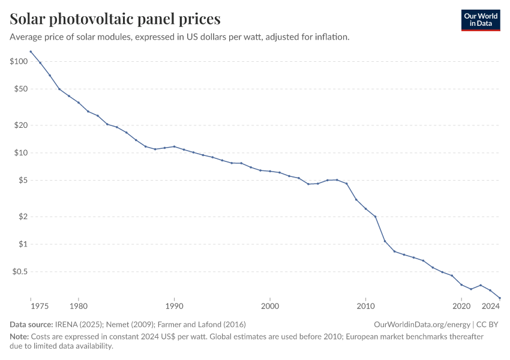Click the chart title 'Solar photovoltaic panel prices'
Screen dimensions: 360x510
point(115,19)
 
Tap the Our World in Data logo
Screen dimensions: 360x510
point(480,20)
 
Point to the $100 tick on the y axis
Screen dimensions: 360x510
point(19,61)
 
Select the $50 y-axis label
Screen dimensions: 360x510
point(21,89)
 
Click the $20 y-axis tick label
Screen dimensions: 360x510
point(21,125)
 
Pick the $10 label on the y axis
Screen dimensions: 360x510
point(21,152)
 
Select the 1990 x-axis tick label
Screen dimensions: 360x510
point(174,306)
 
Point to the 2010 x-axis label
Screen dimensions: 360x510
point(365,306)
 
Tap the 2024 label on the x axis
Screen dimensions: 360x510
point(491,306)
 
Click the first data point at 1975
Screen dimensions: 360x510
point(31,52)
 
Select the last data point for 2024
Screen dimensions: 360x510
point(500,298)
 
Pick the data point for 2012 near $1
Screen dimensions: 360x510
point(385,241)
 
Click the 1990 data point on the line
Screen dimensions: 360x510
point(174,146)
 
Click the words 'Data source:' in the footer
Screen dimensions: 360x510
point(31,324)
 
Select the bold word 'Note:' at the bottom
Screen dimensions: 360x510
point(20,337)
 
